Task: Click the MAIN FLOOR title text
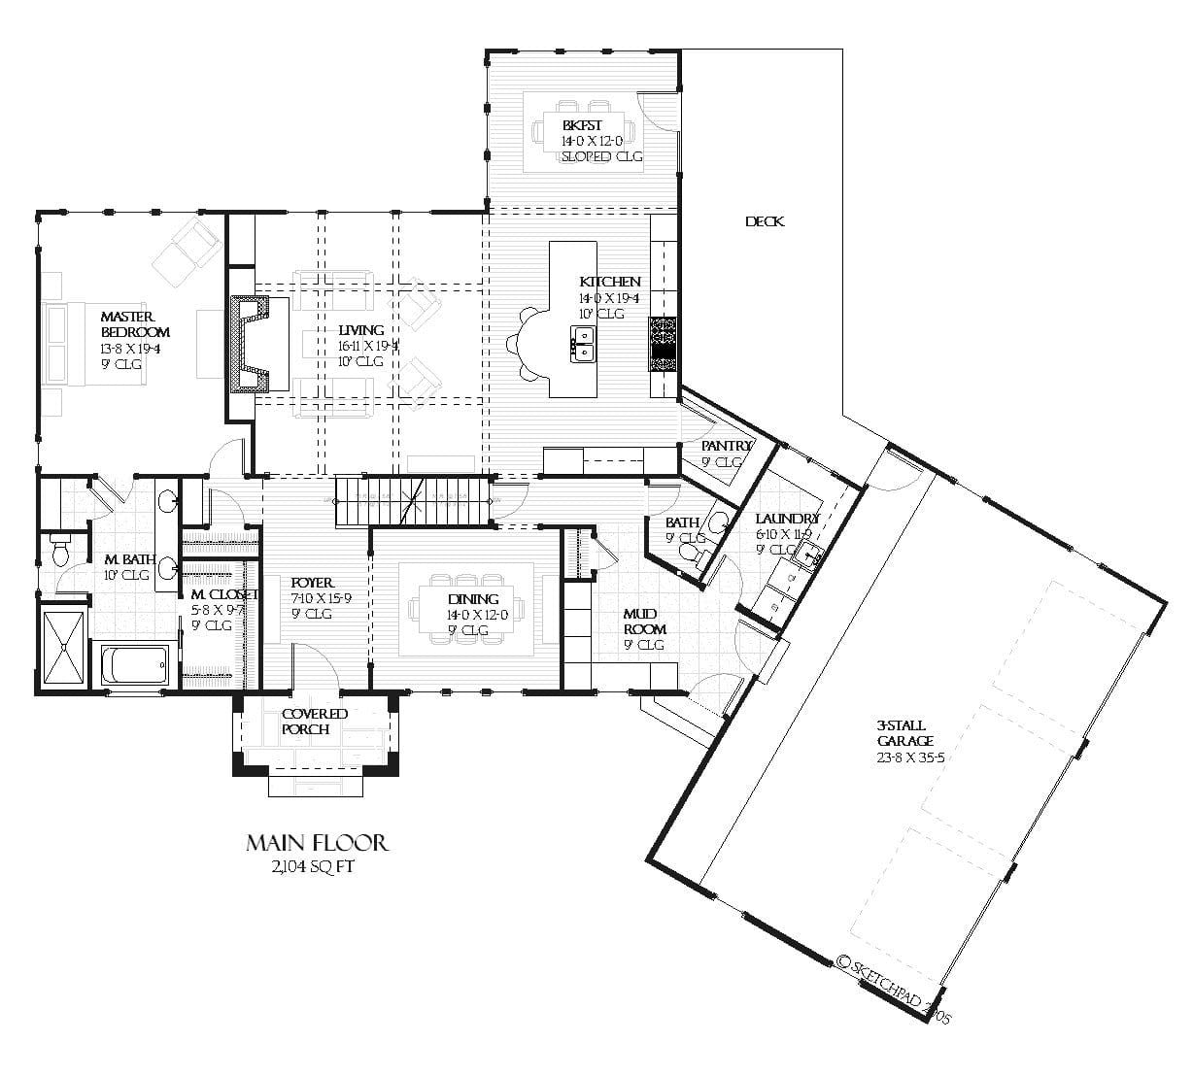pos(317,842)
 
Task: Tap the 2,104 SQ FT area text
pos(314,867)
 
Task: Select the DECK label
pos(764,221)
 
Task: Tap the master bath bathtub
pos(134,666)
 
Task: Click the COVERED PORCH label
pos(314,722)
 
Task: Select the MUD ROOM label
pos(644,622)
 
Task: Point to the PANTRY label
pos(726,446)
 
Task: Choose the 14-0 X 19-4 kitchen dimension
pos(609,298)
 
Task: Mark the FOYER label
pos(312,583)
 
